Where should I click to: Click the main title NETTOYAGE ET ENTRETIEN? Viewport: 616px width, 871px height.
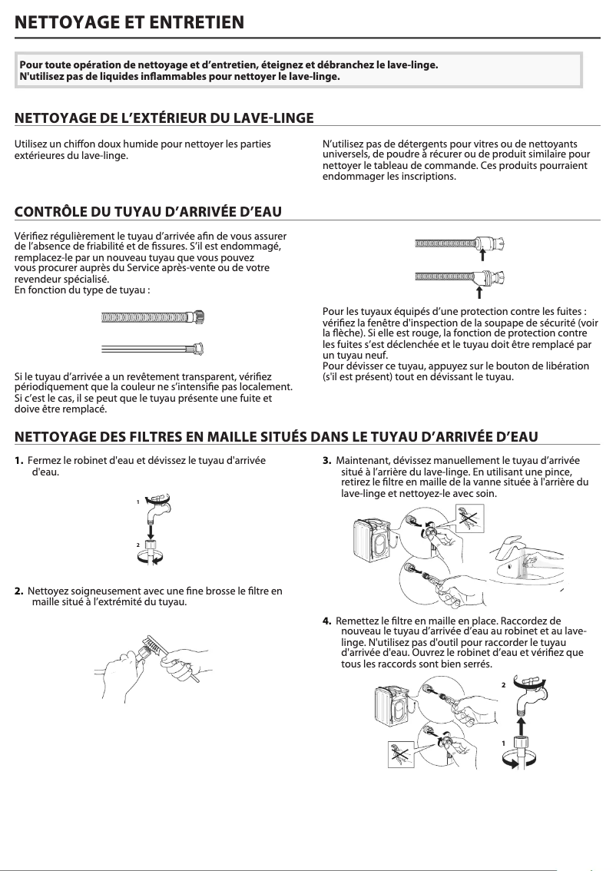pyautogui.click(x=130, y=22)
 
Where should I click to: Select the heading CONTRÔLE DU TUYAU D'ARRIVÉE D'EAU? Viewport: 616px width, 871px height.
pyautogui.click(x=149, y=211)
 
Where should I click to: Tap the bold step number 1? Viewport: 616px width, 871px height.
pyautogui.click(x=18, y=461)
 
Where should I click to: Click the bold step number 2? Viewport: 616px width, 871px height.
pyautogui.click(x=18, y=591)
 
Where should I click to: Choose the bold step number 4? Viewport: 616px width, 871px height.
pyautogui.click(x=327, y=620)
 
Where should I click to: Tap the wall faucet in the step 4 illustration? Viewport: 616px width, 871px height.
pyautogui.click(x=531, y=695)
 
